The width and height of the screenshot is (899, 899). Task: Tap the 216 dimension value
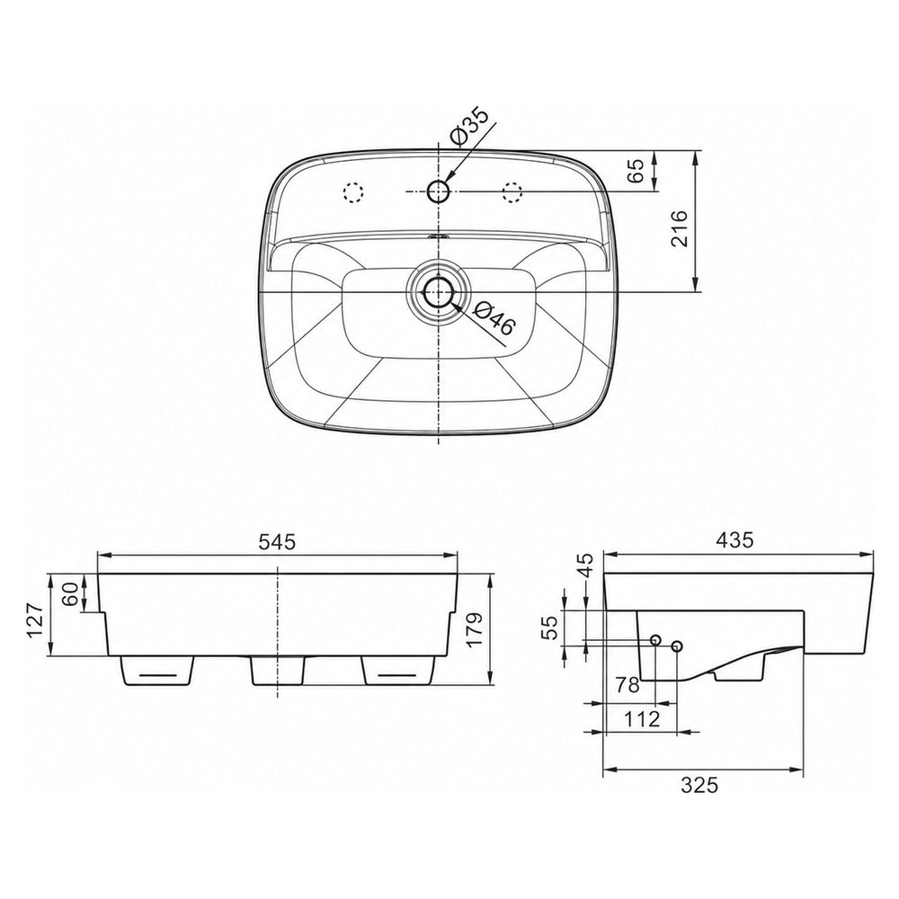pyautogui.click(x=679, y=228)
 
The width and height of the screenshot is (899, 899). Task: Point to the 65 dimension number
pyautogui.click(x=636, y=171)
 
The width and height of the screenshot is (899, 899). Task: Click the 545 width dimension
pyautogui.click(x=277, y=542)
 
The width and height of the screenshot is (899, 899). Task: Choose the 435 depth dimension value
pyautogui.click(x=735, y=540)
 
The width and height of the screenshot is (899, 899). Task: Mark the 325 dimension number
pyautogui.click(x=699, y=785)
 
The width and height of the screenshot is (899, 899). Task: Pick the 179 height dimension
pyautogui.click(x=476, y=630)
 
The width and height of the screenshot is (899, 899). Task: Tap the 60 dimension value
pyautogui.click(x=70, y=594)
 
